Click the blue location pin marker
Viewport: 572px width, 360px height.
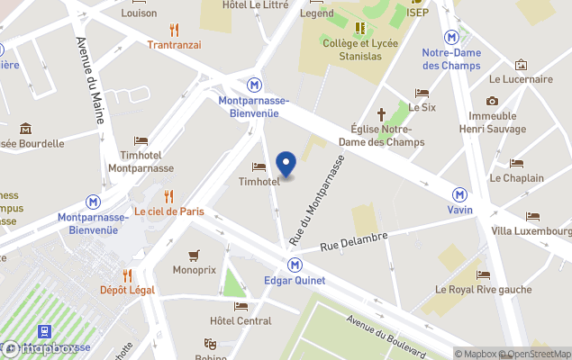point(286,164)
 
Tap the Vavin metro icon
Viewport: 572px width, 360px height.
point(460,194)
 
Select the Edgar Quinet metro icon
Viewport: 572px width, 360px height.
point(295,265)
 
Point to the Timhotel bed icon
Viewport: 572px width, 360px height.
point(259,166)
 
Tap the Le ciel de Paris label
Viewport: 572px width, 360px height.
point(169,211)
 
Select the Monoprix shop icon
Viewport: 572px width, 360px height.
point(194,255)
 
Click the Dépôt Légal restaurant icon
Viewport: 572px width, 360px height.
point(127,274)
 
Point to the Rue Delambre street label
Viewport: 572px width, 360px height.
point(354,241)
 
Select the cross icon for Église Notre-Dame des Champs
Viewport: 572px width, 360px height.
point(381,114)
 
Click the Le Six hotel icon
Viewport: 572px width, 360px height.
point(422,93)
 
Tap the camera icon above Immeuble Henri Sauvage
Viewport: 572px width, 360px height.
point(492,101)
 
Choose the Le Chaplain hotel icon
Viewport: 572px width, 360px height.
point(516,163)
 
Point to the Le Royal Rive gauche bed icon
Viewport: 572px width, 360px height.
point(484,274)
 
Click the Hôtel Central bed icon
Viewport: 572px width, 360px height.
point(241,306)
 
